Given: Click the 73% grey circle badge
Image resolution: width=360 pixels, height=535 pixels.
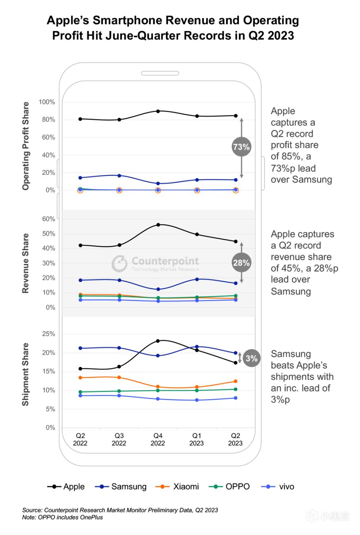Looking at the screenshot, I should point(241,147).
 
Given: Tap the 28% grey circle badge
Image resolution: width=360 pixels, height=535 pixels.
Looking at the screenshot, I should point(241,263).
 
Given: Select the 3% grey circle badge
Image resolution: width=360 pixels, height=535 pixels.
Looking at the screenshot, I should point(251,358).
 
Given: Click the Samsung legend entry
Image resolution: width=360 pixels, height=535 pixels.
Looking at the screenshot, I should point(121,487).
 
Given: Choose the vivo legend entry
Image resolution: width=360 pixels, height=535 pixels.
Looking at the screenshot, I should point(278,487).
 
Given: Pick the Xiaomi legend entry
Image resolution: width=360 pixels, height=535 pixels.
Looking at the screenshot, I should point(177,487).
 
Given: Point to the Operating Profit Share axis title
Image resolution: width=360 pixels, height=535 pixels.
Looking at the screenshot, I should point(26,146).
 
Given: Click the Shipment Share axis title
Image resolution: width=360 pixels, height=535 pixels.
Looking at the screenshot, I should point(26,374).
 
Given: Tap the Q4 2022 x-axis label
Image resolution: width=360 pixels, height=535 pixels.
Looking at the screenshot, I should point(158,439).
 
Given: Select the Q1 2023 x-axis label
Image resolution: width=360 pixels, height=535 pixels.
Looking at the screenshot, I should point(196,439).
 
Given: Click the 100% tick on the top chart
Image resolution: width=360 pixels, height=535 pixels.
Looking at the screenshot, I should point(47,102).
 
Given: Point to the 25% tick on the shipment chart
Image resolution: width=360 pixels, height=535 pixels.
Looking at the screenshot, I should point(49,334).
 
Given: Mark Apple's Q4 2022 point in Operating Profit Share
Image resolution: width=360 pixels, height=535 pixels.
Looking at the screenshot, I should point(158,111).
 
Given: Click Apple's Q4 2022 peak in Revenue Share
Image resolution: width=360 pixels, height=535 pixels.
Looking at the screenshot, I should point(158,225).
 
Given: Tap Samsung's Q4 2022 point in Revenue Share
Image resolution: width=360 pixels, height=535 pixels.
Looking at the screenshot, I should point(158,289).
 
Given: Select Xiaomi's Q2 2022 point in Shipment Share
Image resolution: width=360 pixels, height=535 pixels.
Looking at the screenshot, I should point(80,378).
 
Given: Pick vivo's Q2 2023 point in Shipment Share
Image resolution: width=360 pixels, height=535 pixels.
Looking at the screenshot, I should point(236,398).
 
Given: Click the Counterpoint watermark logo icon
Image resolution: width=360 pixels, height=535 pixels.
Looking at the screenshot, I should point(119,264).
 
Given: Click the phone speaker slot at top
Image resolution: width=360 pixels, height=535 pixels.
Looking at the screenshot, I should point(160,73).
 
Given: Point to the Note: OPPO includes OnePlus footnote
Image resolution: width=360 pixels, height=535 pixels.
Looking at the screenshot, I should point(63,517).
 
